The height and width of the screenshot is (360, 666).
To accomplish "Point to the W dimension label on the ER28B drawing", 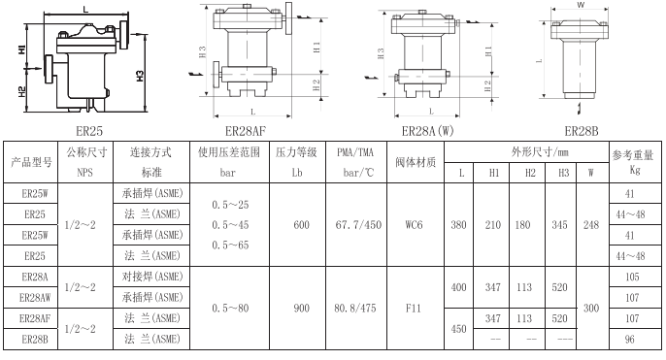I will click(x=580, y=6).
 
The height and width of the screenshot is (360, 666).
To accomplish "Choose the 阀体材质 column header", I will click(x=415, y=161).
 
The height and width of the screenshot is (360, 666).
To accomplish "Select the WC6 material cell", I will click(x=415, y=222).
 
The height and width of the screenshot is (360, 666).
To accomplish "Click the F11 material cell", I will click(x=415, y=308).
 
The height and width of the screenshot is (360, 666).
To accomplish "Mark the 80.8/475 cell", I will click(x=355, y=308).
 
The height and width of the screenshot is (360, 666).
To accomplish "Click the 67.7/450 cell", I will click(x=355, y=222).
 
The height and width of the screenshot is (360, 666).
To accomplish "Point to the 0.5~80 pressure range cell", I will click(x=229, y=308).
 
